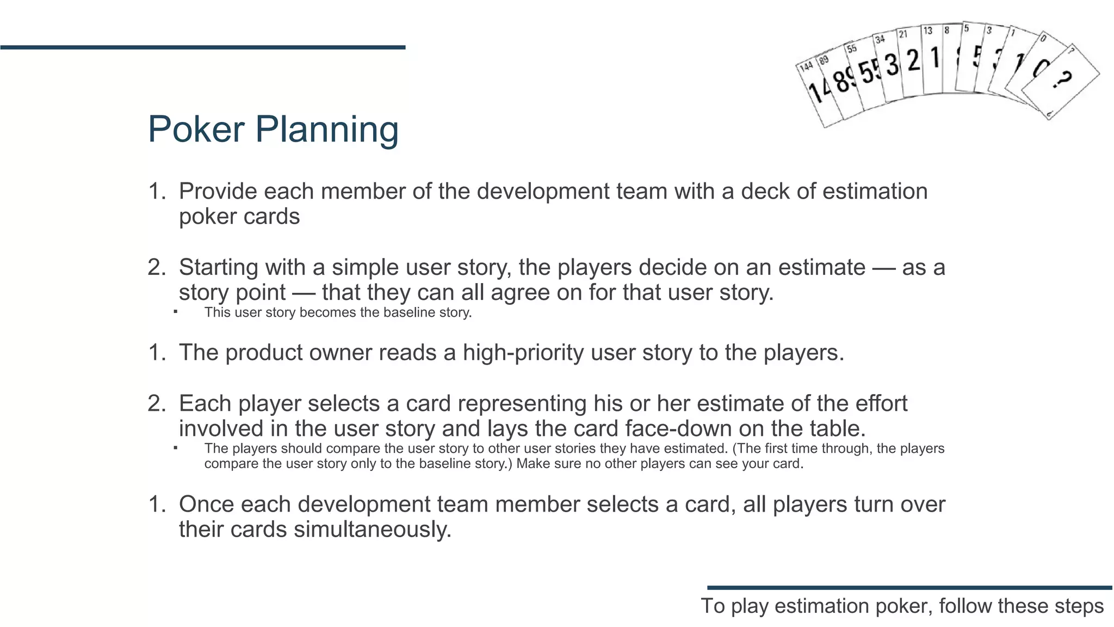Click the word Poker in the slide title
pyautogui.click(x=196, y=130)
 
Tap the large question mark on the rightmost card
pyautogui.click(x=1061, y=81)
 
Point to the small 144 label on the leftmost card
pyautogui.click(x=806, y=66)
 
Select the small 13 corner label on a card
pyautogui.click(x=927, y=30)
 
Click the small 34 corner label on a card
pyautogui.click(x=880, y=39)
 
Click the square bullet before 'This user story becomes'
pyautogui.click(x=176, y=312)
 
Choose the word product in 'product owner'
pyautogui.click(x=263, y=353)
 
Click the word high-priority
pyautogui.click(x=523, y=353)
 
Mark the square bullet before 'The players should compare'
pyautogui.click(x=176, y=448)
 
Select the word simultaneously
pyautogui.click(x=373, y=530)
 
